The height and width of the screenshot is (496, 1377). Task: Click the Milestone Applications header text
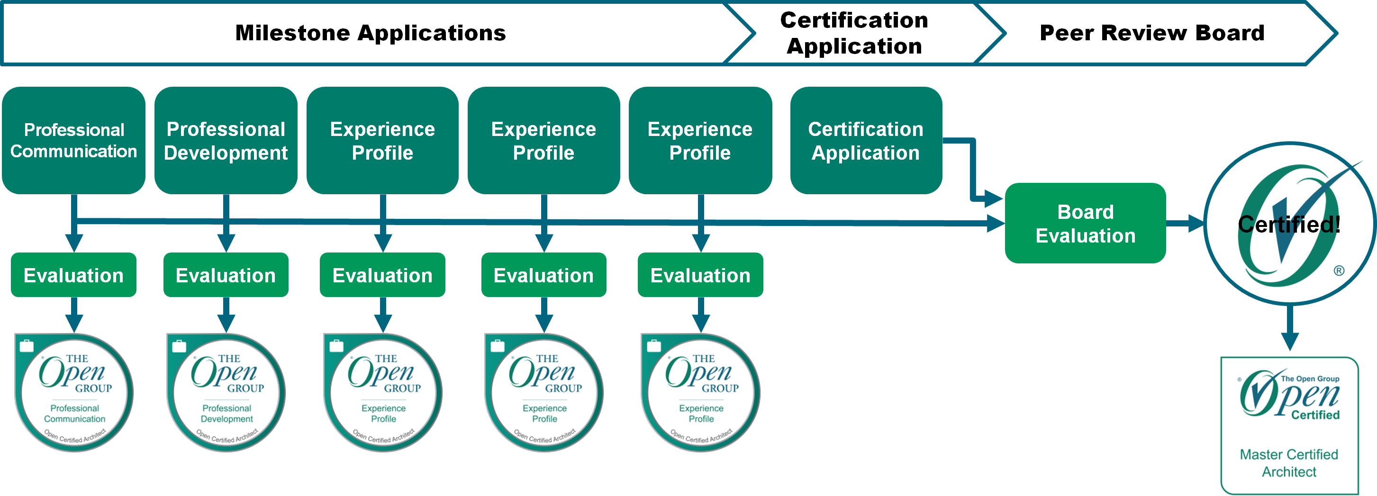click(x=370, y=33)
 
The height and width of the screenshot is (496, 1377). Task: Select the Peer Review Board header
click(x=1151, y=33)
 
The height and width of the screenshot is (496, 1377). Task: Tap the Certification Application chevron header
click(x=854, y=33)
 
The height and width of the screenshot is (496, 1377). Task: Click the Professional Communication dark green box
click(x=74, y=140)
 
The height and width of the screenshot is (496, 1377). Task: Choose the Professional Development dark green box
click(x=226, y=140)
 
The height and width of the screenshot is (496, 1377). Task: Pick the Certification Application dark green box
click(x=865, y=140)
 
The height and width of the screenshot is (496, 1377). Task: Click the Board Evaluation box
click(x=1085, y=224)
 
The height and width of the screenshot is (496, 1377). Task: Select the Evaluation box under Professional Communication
click(x=74, y=275)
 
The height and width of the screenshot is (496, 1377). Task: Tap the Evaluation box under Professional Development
click(x=226, y=275)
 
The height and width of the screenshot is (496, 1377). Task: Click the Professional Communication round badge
click(x=74, y=393)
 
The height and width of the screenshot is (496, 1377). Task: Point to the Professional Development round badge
click(x=226, y=393)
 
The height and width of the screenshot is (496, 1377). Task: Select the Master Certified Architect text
click(x=1289, y=463)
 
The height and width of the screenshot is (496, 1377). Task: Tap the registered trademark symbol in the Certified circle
click(x=1339, y=271)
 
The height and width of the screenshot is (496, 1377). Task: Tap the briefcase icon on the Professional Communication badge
click(x=26, y=346)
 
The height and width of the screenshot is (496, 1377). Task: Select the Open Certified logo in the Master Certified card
click(x=1289, y=396)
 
